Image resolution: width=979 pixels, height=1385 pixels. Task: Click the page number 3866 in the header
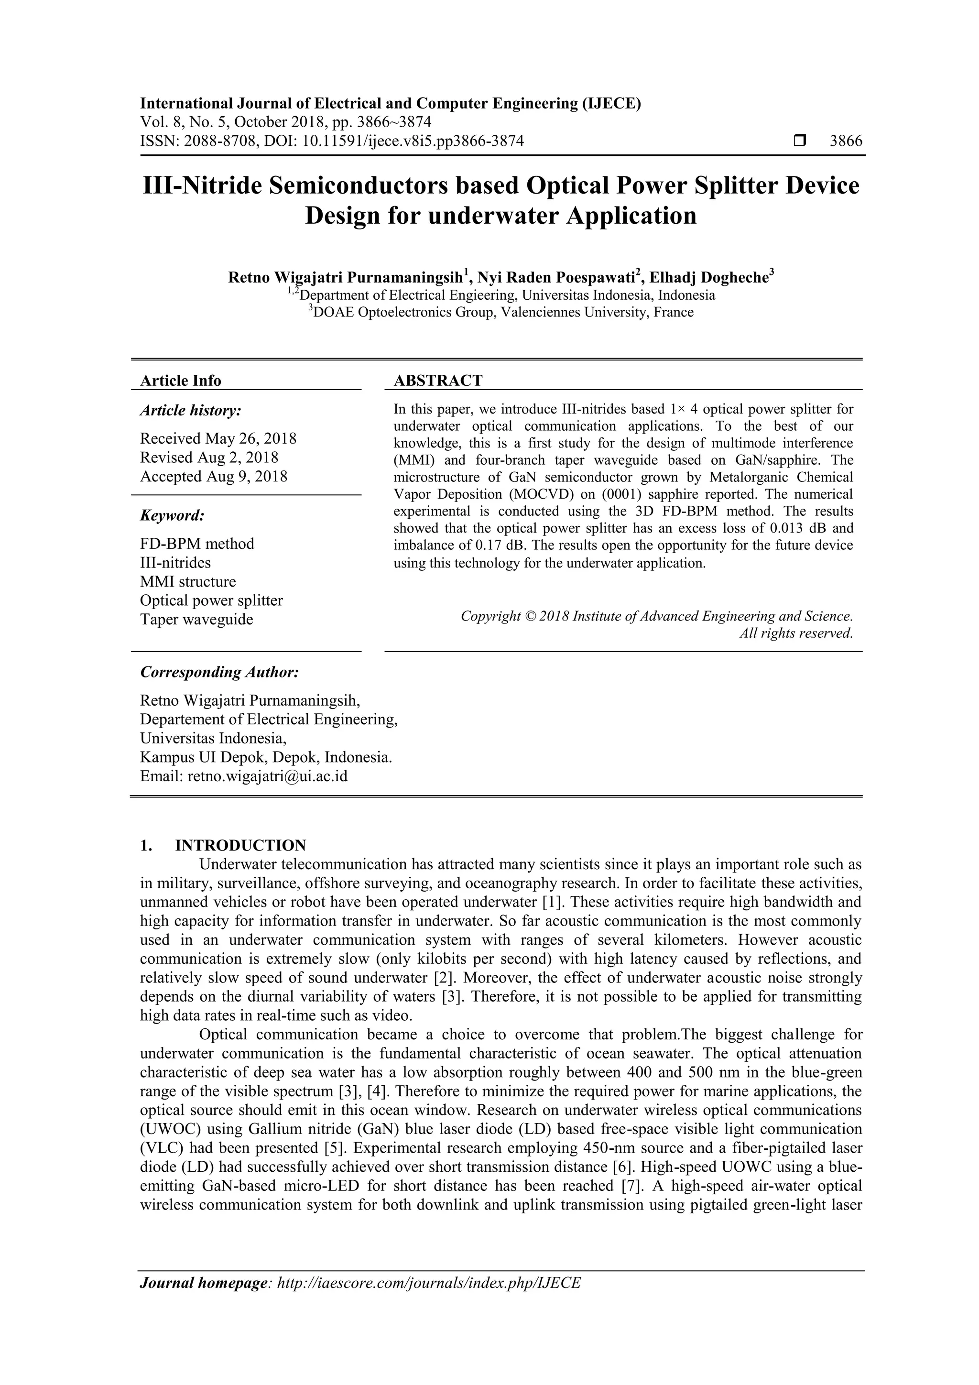(x=846, y=141)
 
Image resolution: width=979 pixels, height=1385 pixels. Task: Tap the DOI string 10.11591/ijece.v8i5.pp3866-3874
(x=413, y=141)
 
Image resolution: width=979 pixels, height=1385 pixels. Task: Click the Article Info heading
(x=180, y=381)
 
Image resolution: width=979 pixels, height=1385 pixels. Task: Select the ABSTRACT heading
(x=438, y=381)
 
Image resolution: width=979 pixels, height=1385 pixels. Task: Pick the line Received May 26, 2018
(x=218, y=438)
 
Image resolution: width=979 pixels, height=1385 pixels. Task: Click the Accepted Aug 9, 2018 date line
(x=214, y=477)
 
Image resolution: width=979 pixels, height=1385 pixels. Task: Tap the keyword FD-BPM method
(x=196, y=544)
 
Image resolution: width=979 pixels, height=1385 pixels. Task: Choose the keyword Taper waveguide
(x=196, y=620)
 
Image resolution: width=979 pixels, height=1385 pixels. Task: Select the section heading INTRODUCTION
(x=240, y=845)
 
